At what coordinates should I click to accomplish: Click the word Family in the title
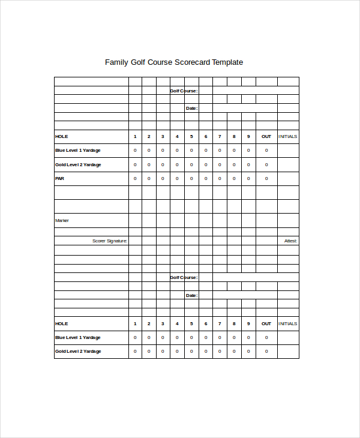pos(117,62)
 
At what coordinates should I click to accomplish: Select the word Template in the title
pos(224,62)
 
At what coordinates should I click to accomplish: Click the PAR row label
pos(59,178)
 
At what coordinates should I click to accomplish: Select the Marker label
pos(62,220)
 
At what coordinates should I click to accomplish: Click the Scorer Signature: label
pos(109,241)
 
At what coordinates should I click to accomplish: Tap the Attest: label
pos(290,241)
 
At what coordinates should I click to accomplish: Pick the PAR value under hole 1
pos(135,178)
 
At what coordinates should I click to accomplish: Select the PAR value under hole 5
pos(191,178)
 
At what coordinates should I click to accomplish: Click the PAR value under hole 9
pos(248,178)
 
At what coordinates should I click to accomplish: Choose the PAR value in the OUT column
pos(266,178)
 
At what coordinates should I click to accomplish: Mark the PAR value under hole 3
pos(163,178)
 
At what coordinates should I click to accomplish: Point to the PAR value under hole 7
pos(220,178)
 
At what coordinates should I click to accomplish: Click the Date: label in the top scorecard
pos(191,109)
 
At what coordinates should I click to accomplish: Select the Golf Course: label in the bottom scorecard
pos(183,277)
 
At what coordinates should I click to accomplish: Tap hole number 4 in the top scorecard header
pos(177,136)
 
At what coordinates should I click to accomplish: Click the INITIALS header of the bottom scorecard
pos(288,323)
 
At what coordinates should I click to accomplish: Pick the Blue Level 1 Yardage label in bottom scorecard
pos(78,337)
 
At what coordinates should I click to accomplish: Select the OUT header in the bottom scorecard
pos(266,323)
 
